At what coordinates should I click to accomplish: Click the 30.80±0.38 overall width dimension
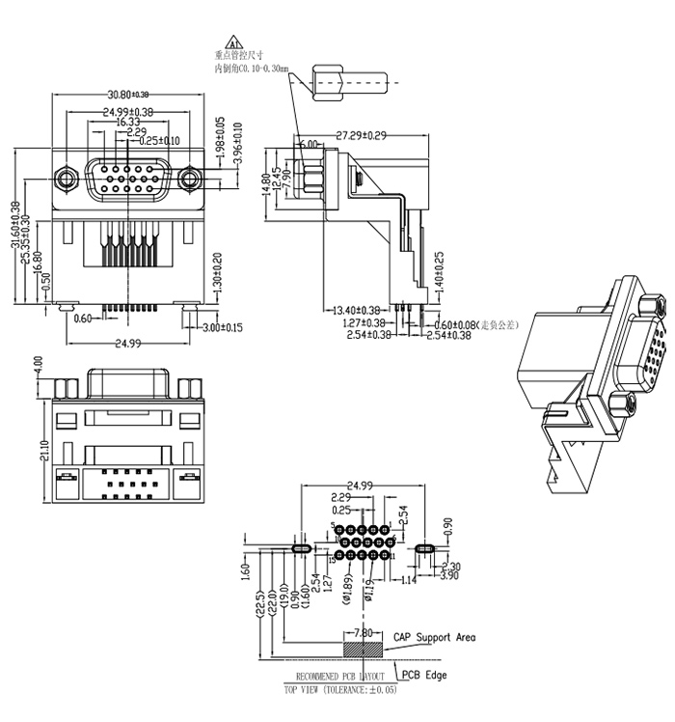127,95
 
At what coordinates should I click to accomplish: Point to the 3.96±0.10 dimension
237,142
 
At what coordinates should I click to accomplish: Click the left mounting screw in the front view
66,179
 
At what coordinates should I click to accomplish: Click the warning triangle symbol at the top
231,44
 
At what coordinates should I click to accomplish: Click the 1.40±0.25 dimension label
439,272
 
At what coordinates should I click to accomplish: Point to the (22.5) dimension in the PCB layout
259,604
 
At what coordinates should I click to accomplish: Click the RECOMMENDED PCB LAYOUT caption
339,676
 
